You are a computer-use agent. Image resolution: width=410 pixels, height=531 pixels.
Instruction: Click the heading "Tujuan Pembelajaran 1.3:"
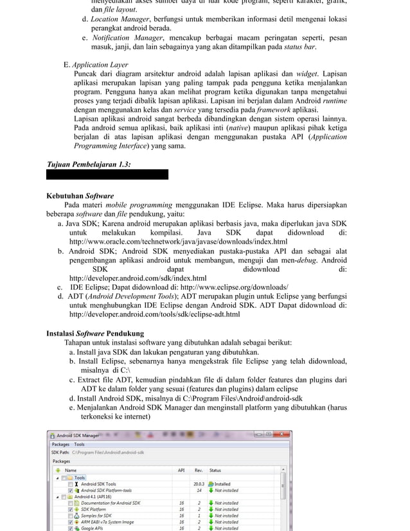pyautogui.click(x=89, y=165)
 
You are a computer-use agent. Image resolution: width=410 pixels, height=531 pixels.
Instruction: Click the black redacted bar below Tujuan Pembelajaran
pyautogui.click(x=107, y=175)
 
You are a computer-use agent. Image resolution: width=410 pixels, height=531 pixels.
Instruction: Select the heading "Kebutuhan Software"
pyautogui.click(x=80, y=195)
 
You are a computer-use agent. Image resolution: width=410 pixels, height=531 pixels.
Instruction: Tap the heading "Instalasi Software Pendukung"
pyautogui.click(x=95, y=334)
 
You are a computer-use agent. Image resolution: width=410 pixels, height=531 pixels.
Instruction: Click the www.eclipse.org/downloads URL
pyautogui.click(x=234, y=287)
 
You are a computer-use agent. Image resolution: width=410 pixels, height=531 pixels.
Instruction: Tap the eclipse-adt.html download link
pyautogui.click(x=154, y=315)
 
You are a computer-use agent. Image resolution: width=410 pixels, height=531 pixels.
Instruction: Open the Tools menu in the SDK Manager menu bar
pyautogui.click(x=79, y=444)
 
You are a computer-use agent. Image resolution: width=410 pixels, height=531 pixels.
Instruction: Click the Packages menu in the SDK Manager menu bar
pyautogui.click(x=60, y=444)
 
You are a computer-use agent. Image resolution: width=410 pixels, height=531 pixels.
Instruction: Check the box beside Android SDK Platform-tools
pyautogui.click(x=71, y=491)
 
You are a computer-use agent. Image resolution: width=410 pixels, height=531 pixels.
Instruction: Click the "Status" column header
pyautogui.click(x=215, y=471)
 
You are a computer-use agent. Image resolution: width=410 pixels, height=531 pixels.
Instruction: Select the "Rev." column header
pyautogui.click(x=199, y=471)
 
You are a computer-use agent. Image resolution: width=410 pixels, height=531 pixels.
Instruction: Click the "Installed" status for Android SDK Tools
pyautogui.click(x=222, y=484)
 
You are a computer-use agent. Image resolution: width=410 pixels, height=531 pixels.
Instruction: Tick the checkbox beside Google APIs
pyautogui.click(x=71, y=528)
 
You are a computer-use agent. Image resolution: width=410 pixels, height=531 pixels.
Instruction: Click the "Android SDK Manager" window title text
pyautogui.click(x=78, y=435)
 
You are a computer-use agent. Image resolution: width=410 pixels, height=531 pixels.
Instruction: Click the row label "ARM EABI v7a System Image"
pyautogui.click(x=108, y=522)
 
